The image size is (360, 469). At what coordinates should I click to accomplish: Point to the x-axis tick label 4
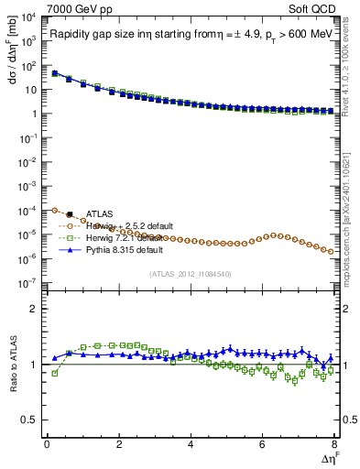tap(191, 442)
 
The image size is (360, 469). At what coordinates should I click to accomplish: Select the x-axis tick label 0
tap(47, 442)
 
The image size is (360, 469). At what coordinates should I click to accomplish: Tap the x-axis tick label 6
tap(263, 442)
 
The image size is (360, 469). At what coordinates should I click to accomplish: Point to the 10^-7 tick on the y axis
tap(27, 283)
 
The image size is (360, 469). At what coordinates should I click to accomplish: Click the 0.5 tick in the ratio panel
tap(30, 420)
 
